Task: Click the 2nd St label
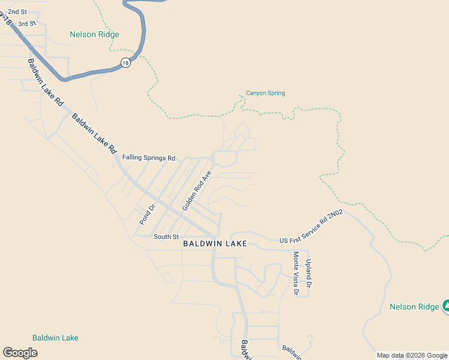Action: coord(17,12)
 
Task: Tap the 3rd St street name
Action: coord(27,24)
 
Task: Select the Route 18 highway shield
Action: coord(125,62)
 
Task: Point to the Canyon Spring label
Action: coord(265,93)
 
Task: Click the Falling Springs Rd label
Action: coord(148,158)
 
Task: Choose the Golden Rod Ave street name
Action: coord(197,191)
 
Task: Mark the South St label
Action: coord(166,237)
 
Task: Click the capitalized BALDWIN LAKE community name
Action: coord(215,244)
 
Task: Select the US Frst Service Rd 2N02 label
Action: coord(311,227)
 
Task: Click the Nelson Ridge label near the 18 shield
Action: coord(94,34)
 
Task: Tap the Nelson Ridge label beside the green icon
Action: coord(414,307)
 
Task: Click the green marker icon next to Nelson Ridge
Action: coord(446,306)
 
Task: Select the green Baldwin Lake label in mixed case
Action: coord(55,338)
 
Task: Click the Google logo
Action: coord(20,353)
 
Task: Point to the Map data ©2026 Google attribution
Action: coord(412,355)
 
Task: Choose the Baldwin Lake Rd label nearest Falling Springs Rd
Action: coord(94,134)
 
